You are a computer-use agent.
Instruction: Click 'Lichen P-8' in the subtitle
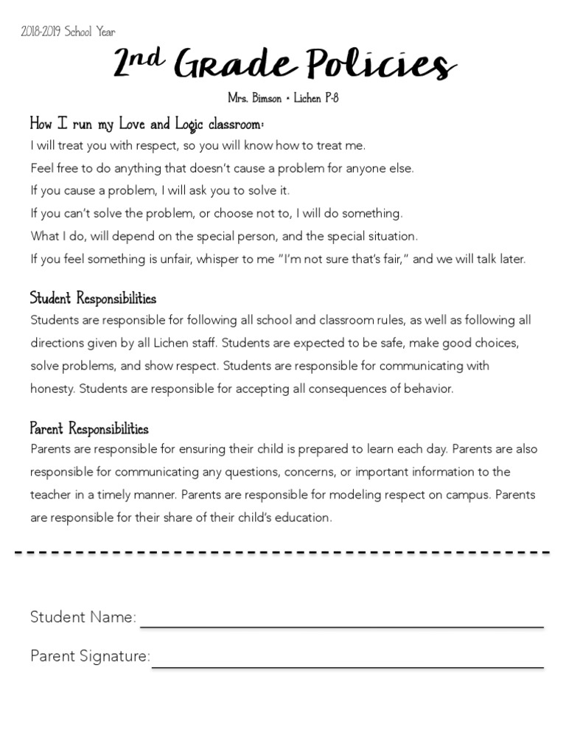tap(316, 99)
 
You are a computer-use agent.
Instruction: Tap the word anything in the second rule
tap(120, 168)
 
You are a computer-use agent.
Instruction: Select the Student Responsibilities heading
tap(93, 299)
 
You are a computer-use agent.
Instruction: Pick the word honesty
tap(52, 389)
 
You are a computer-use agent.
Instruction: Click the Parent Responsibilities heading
tap(89, 428)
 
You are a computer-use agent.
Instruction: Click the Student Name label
tap(83, 617)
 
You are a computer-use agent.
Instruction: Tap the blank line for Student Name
tap(342, 626)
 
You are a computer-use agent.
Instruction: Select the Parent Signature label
tap(90, 656)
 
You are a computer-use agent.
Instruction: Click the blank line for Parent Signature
tap(348, 666)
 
